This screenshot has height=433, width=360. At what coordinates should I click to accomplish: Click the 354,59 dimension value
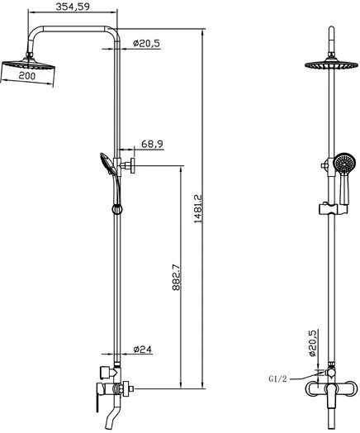tap(73, 7)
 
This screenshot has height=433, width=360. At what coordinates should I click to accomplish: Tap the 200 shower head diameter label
tap(27, 76)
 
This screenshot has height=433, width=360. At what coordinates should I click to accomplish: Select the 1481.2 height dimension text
tap(198, 209)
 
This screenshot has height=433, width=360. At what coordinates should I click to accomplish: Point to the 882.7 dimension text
tap(176, 278)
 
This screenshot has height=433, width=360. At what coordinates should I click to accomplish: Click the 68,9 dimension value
tap(152, 144)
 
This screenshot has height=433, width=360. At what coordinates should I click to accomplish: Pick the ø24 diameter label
tap(143, 350)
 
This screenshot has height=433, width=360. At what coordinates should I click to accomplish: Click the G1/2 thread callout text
tap(277, 378)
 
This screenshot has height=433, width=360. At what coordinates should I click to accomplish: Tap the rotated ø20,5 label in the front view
tap(312, 343)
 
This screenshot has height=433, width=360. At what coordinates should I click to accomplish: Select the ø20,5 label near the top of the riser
tap(146, 43)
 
